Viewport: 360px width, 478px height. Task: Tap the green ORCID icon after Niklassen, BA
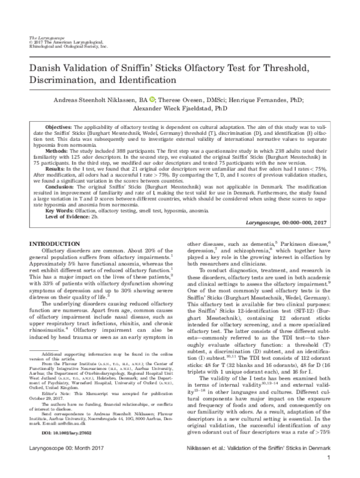(152, 100)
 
